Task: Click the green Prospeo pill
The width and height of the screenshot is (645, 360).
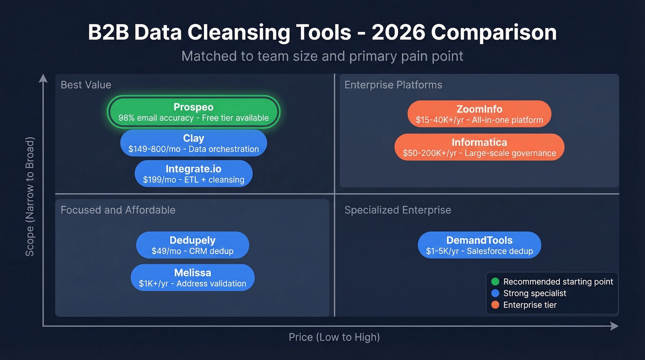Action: [x=193, y=112]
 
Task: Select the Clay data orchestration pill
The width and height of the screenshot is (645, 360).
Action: [x=193, y=143]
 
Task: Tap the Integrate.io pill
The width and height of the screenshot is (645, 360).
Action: [x=193, y=174]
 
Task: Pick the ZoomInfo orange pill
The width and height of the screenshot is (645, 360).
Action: [x=479, y=114]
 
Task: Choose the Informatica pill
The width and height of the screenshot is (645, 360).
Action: [x=479, y=147]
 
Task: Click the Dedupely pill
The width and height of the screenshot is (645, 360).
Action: [x=193, y=245]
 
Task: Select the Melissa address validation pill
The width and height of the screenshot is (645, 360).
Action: [x=193, y=277]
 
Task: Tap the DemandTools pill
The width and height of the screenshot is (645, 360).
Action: [x=479, y=245]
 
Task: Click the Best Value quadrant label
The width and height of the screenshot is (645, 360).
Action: [x=86, y=85]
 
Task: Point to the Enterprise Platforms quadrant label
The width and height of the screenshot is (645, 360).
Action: [x=393, y=85]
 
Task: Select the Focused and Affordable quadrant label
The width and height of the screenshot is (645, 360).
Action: [x=118, y=210]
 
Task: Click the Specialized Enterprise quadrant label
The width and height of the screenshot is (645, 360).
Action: [x=398, y=210]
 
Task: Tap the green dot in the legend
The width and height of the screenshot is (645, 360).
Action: [x=495, y=282]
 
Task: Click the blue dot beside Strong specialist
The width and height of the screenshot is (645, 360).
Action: [x=495, y=293]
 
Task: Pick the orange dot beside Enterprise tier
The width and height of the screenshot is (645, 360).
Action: [x=495, y=305]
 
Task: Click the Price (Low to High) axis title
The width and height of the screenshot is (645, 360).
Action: [x=334, y=337]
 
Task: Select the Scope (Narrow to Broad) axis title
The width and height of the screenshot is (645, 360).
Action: [x=30, y=196]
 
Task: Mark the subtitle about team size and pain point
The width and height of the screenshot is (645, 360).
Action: [x=322, y=56]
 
